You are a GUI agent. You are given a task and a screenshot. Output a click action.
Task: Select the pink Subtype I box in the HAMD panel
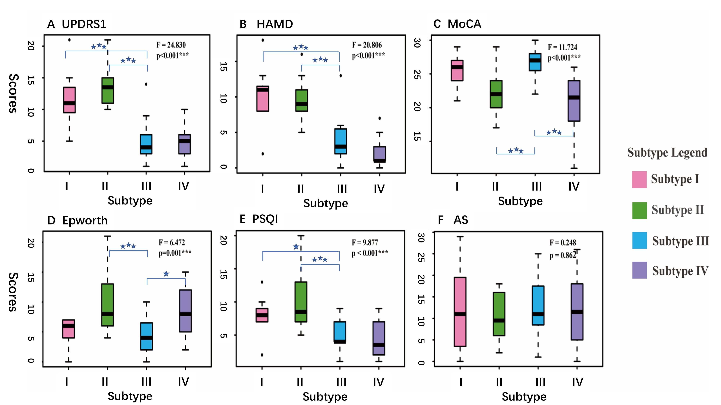(263, 99)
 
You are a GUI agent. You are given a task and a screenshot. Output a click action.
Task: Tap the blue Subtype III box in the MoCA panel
(535, 62)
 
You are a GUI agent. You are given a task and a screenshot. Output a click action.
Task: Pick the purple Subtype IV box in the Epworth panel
(185, 310)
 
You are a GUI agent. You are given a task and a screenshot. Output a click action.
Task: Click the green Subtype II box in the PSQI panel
(301, 302)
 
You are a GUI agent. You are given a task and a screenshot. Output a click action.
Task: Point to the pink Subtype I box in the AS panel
(460, 312)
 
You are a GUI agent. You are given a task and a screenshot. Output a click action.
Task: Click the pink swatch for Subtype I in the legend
(639, 179)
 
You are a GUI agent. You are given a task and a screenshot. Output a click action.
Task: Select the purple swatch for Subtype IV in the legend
(639, 270)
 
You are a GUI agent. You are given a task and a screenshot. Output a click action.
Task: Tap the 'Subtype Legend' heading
(667, 153)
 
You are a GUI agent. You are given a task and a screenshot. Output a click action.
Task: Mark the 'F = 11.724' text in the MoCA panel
(562, 47)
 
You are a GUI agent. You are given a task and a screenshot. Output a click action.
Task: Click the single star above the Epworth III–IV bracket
(166, 273)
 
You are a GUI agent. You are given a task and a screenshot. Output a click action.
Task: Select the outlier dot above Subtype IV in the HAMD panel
(380, 118)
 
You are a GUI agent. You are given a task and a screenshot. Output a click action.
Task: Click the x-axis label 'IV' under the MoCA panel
(574, 186)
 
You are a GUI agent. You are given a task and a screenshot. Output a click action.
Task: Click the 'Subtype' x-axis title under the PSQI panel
(325, 397)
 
